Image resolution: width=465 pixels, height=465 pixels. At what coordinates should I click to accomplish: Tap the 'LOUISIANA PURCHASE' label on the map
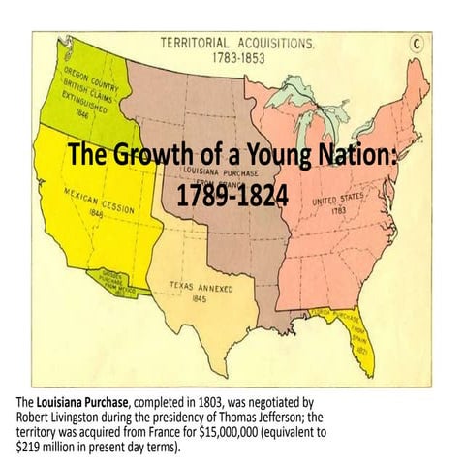click(x=213, y=173)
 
